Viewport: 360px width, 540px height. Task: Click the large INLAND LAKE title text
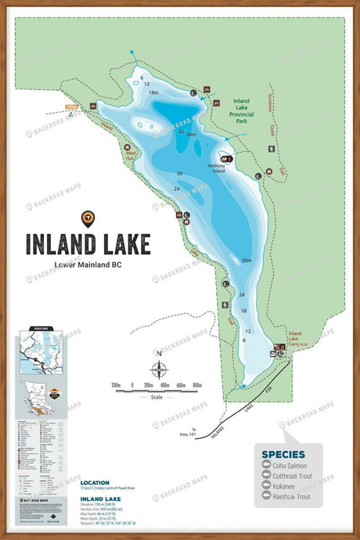pos(88,244)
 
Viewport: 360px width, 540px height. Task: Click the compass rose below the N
pos(160,371)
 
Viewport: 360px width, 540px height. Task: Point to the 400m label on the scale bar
pos(164,385)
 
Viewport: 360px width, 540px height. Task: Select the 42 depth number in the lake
pos(182,131)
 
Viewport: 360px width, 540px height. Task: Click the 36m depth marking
pos(190,135)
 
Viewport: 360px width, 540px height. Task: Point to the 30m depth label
pos(246,260)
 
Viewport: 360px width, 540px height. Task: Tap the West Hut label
pos(131,156)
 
